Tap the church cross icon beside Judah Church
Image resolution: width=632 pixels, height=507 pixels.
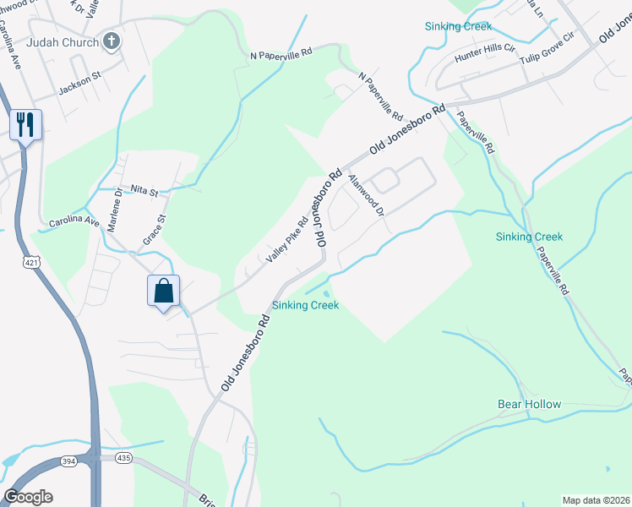click(111, 41)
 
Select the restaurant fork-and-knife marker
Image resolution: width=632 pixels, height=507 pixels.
click(25, 125)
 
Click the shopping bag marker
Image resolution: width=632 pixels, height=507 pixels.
click(164, 291)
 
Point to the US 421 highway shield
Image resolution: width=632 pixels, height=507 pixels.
click(31, 264)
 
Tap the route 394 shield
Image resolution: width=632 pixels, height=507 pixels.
click(69, 461)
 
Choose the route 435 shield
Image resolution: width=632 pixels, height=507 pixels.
click(124, 458)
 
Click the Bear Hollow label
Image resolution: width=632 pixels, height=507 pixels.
click(529, 404)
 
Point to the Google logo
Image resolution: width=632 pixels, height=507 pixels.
click(28, 497)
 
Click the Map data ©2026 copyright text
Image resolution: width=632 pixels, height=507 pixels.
click(596, 500)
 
